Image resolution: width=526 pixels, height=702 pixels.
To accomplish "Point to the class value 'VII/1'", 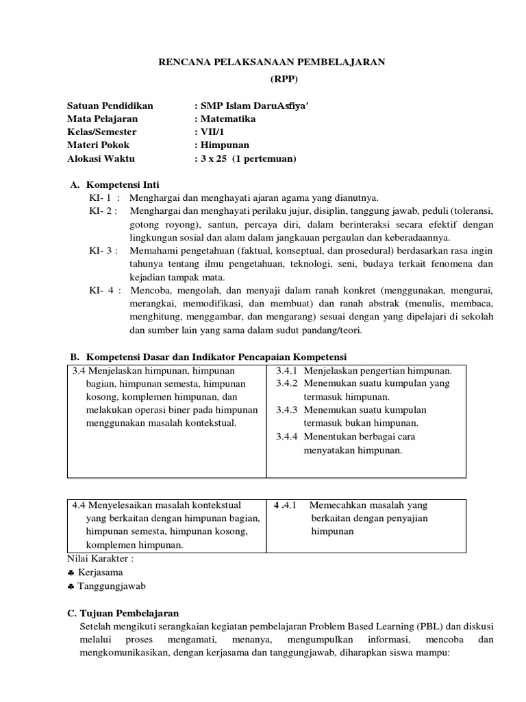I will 209,132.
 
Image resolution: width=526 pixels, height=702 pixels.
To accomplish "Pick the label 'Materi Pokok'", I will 98,145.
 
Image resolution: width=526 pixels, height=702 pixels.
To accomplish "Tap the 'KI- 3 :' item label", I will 103,251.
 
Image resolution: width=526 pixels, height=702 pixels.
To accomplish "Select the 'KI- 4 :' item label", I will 104,290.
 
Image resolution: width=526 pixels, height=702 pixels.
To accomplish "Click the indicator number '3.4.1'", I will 286,371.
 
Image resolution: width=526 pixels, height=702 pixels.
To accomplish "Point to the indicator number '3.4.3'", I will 286,410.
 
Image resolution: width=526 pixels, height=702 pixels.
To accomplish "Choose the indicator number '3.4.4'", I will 286,436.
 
